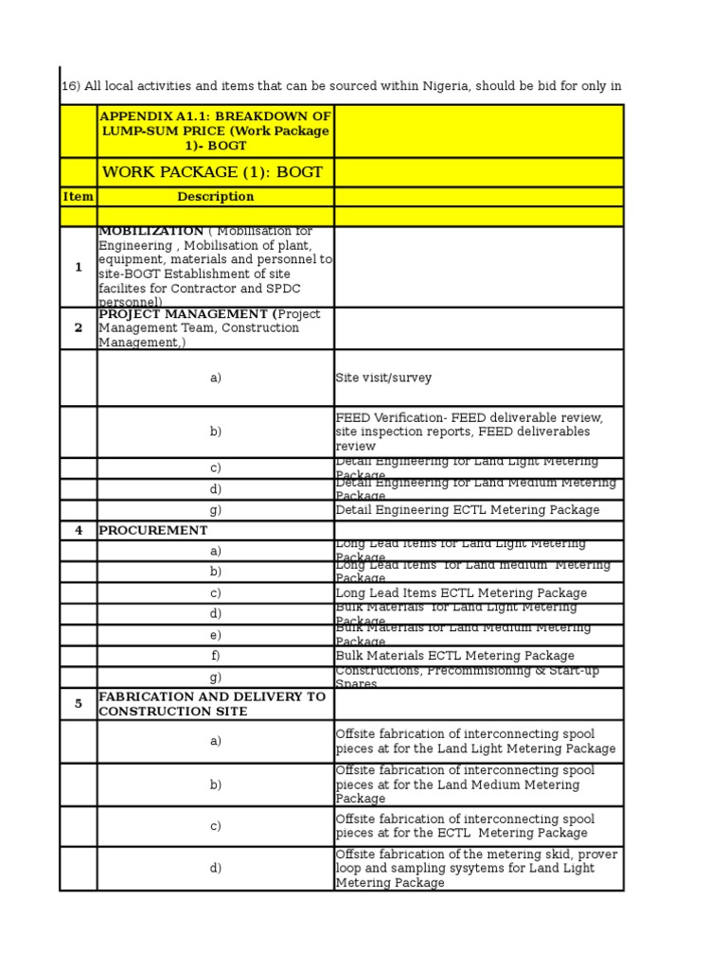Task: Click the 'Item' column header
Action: click(78, 197)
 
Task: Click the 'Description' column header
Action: click(215, 197)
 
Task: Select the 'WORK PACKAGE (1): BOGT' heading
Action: click(212, 172)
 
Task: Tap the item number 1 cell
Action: click(78, 268)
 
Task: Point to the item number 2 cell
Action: click(78, 328)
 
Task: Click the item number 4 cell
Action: click(78, 531)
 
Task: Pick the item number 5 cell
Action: click(78, 704)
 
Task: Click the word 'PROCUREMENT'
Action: click(152, 531)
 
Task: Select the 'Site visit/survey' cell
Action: click(383, 379)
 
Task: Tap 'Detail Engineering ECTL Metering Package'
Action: click(468, 510)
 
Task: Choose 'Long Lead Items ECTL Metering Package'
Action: click(461, 593)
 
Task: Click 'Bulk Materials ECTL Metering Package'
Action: click(454, 656)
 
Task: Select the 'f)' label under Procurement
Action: click(215, 656)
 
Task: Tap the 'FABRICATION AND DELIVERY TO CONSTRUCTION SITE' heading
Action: click(212, 704)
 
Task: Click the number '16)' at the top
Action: click(70, 86)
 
